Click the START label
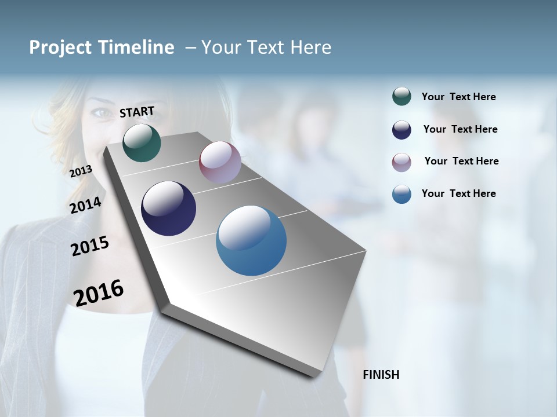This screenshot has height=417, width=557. tap(137, 112)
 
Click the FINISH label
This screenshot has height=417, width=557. tap(381, 375)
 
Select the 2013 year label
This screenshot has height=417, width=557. tap(81, 171)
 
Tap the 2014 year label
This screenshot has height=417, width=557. tap(86, 205)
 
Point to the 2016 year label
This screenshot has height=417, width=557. tap(99, 293)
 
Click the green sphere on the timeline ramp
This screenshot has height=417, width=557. tap(142, 142)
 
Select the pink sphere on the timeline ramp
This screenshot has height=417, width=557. tap(220, 162)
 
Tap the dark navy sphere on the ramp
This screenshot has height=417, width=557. tap(168, 209)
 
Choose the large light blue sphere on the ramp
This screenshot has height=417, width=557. tap(251, 240)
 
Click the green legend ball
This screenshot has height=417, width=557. tap(402, 97)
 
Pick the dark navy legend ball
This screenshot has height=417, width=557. tap(402, 130)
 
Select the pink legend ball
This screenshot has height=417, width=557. tap(402, 162)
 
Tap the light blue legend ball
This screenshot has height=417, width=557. tap(402, 194)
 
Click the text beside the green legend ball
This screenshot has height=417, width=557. tap(458, 97)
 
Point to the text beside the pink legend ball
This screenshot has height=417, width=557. tap(461, 161)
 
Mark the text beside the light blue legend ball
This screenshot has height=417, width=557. tap(458, 193)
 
